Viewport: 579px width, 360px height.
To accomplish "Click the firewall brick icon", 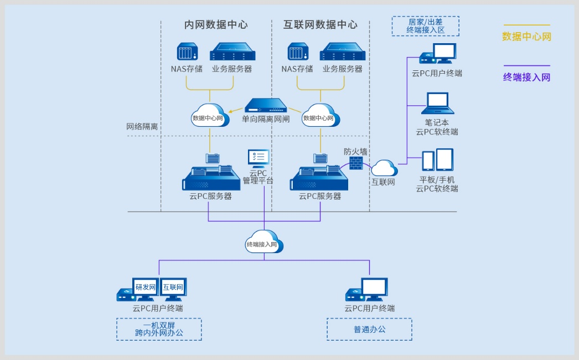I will click(x=356, y=163).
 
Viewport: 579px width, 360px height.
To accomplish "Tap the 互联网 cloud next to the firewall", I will click(x=384, y=168).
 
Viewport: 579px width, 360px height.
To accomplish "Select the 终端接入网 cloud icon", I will click(x=264, y=243).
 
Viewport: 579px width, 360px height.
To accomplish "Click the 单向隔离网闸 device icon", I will click(x=266, y=106).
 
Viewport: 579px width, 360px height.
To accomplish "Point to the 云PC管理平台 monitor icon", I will click(x=259, y=158).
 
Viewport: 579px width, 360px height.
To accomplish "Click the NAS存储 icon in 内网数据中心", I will click(x=187, y=52).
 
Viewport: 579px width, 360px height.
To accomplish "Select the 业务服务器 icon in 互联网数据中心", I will click(x=343, y=52).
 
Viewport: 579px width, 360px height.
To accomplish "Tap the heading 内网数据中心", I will click(x=216, y=25).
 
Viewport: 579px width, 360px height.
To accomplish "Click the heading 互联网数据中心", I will click(x=320, y=25).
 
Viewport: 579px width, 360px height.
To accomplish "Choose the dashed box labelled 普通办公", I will click(x=369, y=329).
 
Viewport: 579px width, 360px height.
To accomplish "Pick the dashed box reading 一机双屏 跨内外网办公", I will click(x=159, y=329).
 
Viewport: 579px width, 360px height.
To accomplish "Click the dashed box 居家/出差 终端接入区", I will click(x=425, y=26).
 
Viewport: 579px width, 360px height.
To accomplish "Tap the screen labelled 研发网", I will click(x=146, y=287).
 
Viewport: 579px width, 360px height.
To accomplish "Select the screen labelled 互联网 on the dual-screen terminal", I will click(x=173, y=287).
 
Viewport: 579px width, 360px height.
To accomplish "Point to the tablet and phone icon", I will click(x=437, y=160).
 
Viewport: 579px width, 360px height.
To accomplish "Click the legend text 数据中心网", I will click(x=526, y=37).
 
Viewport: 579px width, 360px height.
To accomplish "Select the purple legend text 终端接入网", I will click(x=526, y=78).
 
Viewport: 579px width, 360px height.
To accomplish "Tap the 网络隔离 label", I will click(x=142, y=126).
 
